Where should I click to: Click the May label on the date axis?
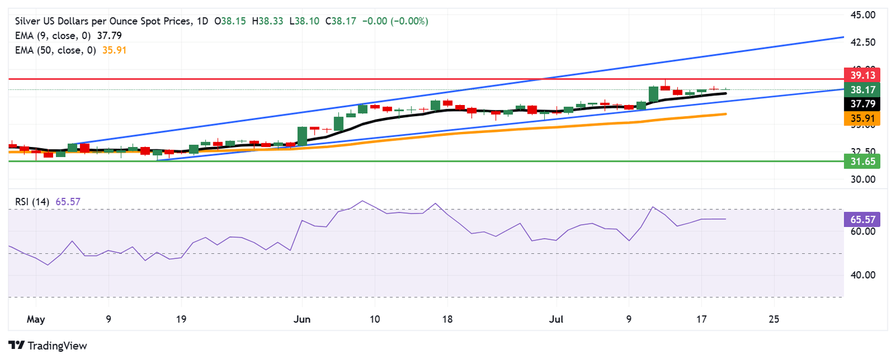pos(36,319)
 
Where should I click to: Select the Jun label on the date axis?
pos(302,319)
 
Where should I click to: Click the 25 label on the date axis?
pos(774,319)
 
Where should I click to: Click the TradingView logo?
pos(48,345)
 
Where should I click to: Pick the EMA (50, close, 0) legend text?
pos(55,50)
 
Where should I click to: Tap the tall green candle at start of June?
pos(302,136)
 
